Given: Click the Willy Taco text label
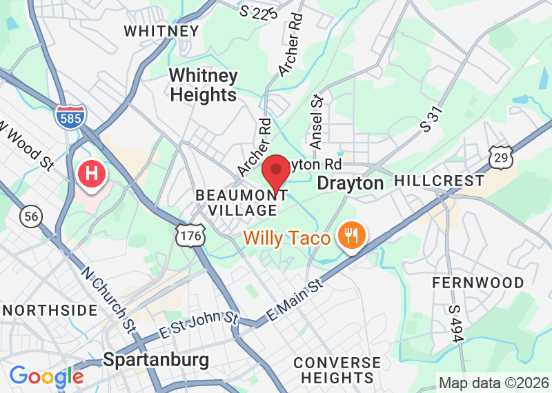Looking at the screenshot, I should tap(286, 239).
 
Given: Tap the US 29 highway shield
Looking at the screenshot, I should tap(500, 157).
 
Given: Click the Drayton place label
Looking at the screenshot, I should tap(350, 183).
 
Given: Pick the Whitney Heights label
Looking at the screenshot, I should tap(204, 85).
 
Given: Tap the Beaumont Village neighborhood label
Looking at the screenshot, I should tap(237, 203).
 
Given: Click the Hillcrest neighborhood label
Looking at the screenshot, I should tap(439, 181).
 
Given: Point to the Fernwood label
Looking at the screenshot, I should tap(478, 283).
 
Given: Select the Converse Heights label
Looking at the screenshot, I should tap(337, 370).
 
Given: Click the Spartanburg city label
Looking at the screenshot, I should tap(155, 360).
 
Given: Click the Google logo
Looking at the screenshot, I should tap(46, 377).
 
